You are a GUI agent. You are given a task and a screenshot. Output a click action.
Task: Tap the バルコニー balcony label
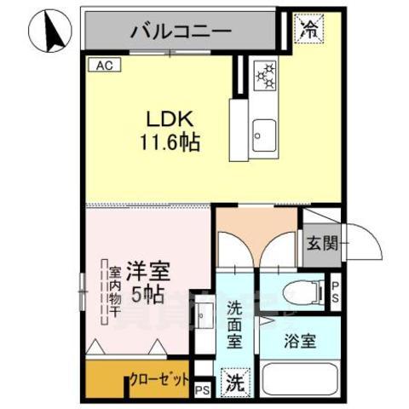tap(181, 32)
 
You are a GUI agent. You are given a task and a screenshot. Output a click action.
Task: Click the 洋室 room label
tap(148, 273)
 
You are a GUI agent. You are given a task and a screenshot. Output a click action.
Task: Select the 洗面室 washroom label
tap(236, 325)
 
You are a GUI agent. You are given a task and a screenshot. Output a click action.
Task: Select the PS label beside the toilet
tap(336, 291)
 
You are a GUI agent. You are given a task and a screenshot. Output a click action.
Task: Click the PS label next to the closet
tap(201, 390)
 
